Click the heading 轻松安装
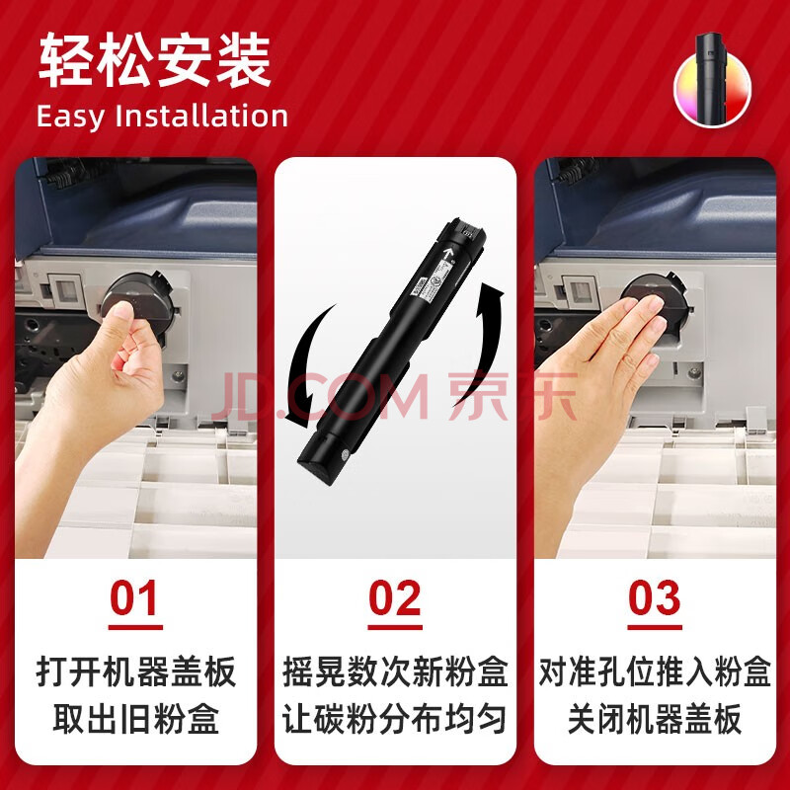pyautogui.click(x=155, y=60)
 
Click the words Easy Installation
pyautogui.click(x=162, y=117)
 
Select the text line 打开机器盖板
pyautogui.click(x=136, y=671)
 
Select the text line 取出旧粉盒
pyautogui.click(x=136, y=719)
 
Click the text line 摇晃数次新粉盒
pyautogui.click(x=395, y=671)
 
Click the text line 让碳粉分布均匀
pyautogui.click(x=395, y=719)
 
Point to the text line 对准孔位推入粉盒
pyautogui.click(x=655, y=671)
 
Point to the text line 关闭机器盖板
pyautogui.click(x=655, y=719)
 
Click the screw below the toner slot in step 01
pyautogui.click(x=177, y=376)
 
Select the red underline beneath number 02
pyautogui.click(x=395, y=627)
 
